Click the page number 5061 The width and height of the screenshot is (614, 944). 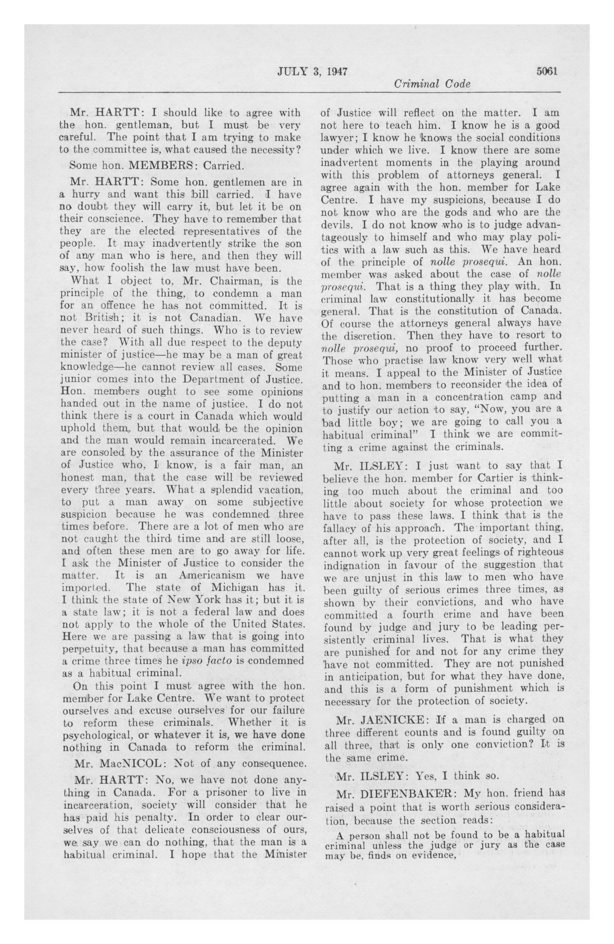[x=547, y=71]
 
